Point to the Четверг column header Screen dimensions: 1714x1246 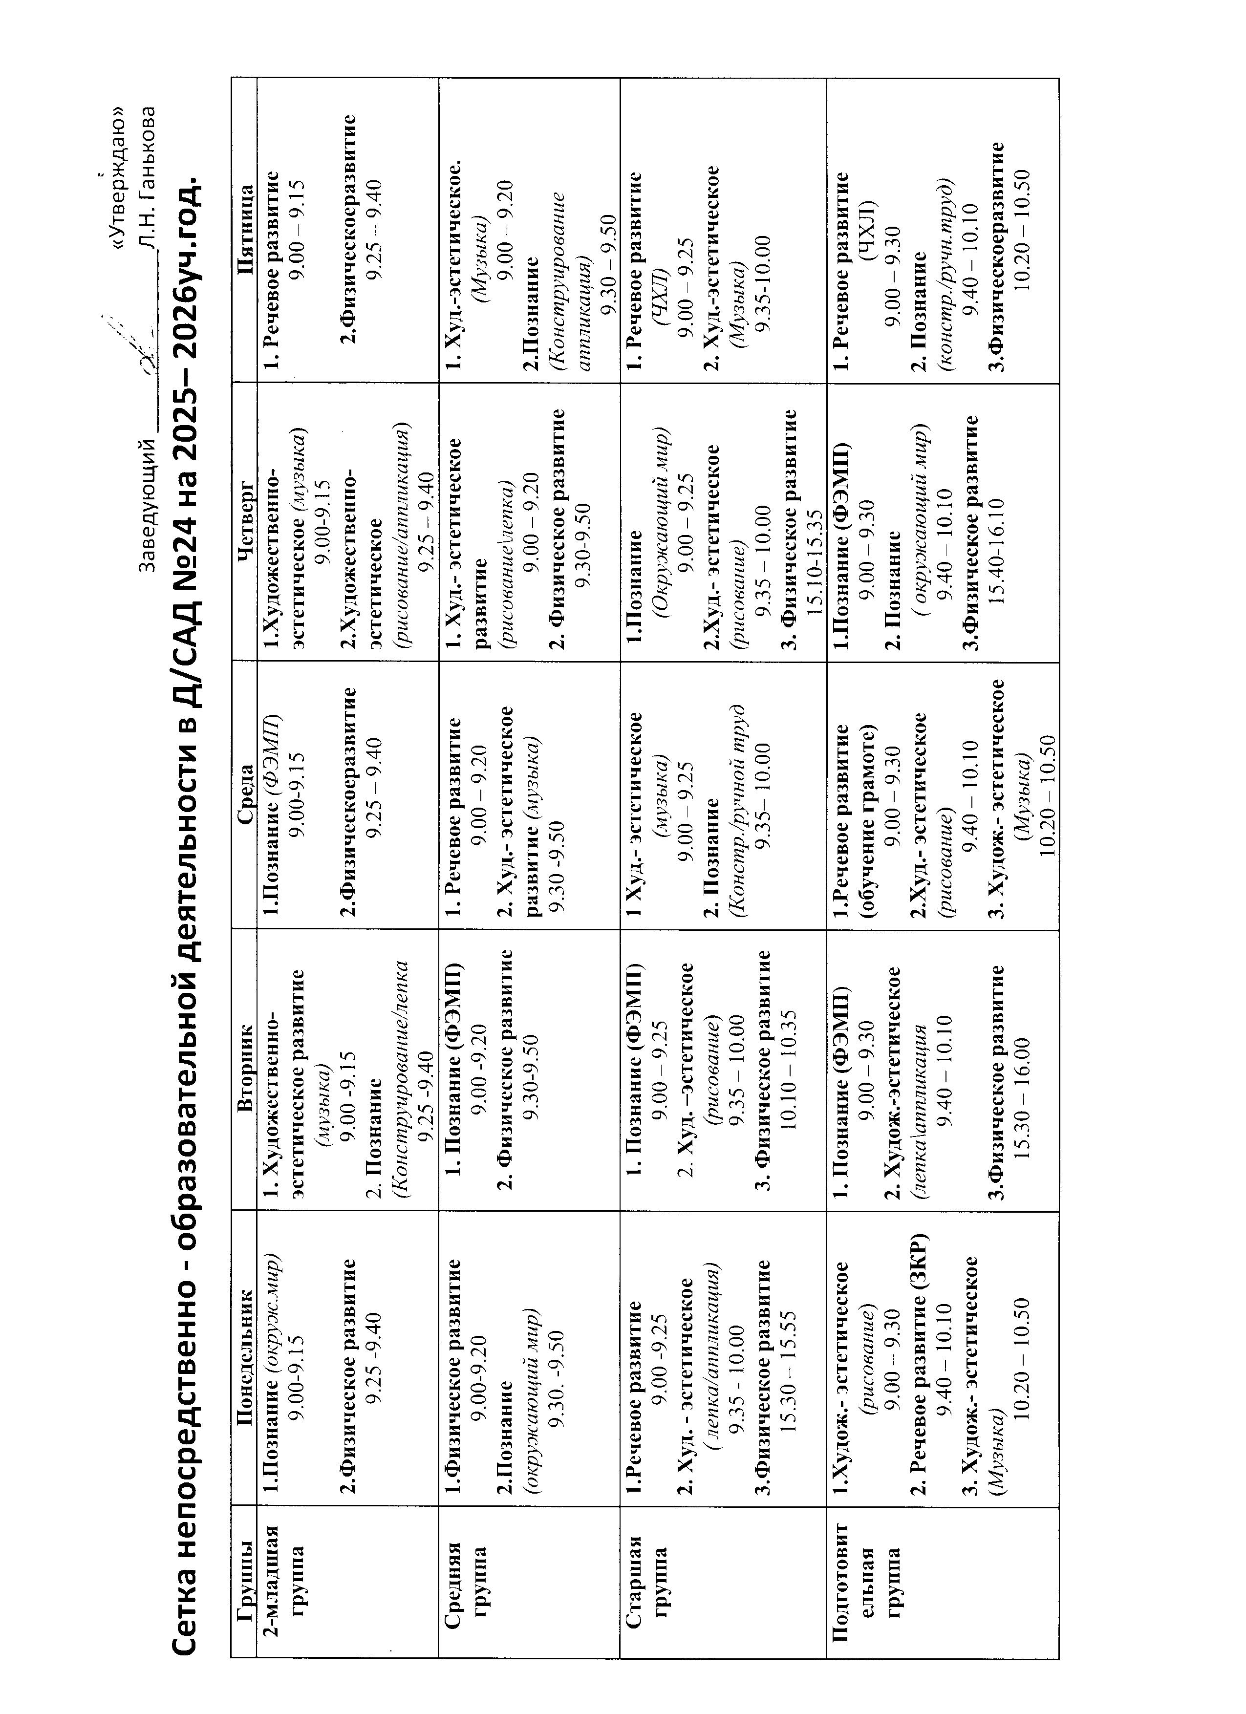[x=244, y=521]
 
